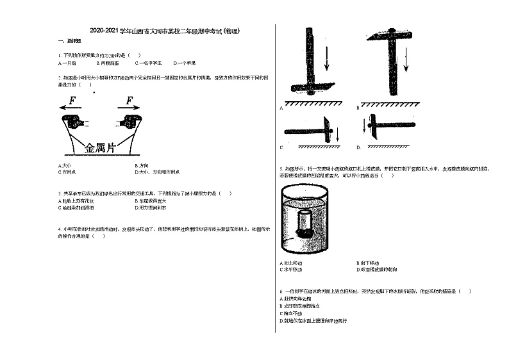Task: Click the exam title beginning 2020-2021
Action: point(165,31)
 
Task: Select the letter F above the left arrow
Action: point(72,101)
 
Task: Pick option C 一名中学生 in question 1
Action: point(149,63)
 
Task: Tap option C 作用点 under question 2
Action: point(68,172)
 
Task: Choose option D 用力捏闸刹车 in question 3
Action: point(152,208)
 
